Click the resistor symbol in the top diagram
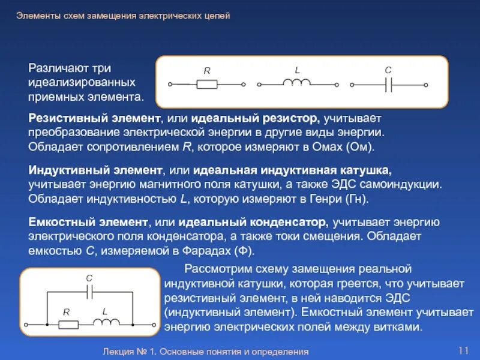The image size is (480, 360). click(x=207, y=85)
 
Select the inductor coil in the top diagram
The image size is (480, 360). click(x=296, y=82)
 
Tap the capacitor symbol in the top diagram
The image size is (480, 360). click(x=388, y=85)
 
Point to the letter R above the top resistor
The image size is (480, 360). click(x=207, y=71)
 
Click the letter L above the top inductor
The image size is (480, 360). click(x=297, y=70)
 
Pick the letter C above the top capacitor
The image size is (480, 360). click(x=388, y=70)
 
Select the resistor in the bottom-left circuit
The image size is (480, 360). click(x=68, y=324)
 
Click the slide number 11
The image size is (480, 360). click(x=463, y=350)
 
